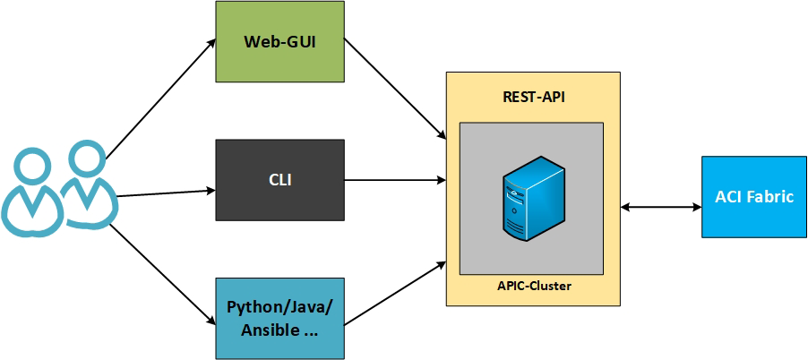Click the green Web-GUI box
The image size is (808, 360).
(280, 42)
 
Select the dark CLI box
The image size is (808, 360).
(280, 180)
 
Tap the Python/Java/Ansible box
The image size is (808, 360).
(280, 318)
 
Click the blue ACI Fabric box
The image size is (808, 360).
(754, 197)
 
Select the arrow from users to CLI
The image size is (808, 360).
(166, 193)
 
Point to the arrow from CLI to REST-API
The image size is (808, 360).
(394, 180)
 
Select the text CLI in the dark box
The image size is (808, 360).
(280, 180)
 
